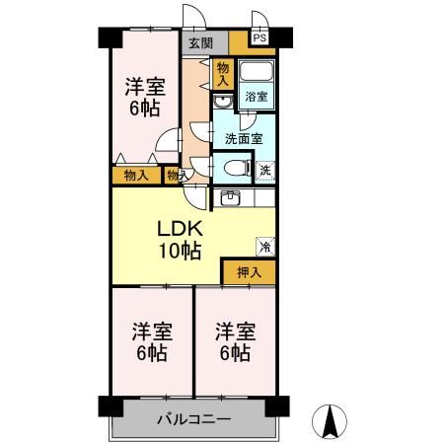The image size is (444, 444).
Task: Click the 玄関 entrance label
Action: click(x=200, y=42)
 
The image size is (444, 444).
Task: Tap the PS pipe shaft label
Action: click(x=260, y=37)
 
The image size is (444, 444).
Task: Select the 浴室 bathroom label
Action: click(x=256, y=100)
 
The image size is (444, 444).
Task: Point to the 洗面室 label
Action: click(x=242, y=138)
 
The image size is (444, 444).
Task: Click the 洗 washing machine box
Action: click(x=264, y=170)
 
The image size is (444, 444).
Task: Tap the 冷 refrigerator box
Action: click(x=264, y=246)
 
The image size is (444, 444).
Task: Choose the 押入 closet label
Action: click(x=248, y=272)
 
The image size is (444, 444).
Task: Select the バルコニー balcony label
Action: click(x=193, y=419)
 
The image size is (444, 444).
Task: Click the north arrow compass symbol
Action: click(x=332, y=421)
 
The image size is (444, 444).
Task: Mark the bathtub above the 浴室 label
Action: click(x=257, y=75)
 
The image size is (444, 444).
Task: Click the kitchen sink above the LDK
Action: click(x=229, y=197)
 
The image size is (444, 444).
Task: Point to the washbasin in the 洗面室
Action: click(x=223, y=103)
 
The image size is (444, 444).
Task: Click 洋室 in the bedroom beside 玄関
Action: click(x=144, y=87)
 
